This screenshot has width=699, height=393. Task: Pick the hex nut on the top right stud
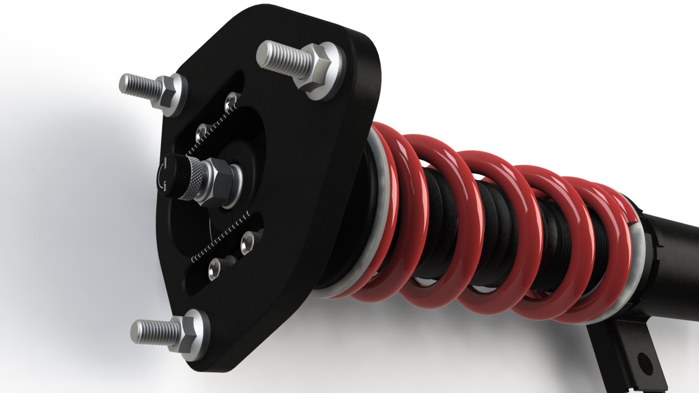click(315, 68)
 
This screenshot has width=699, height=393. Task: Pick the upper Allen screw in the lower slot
click(247, 241)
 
